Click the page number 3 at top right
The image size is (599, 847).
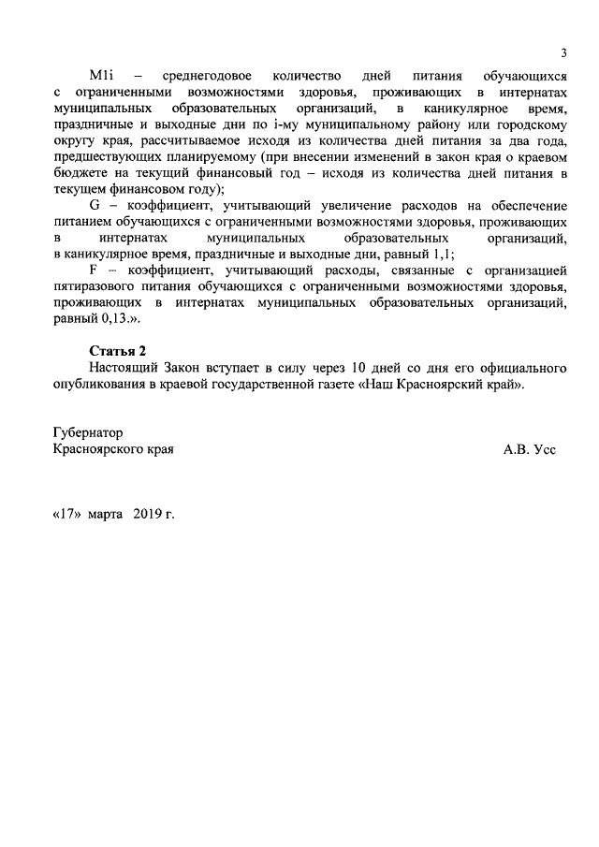pos(563,51)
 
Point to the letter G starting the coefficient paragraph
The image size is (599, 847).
pos(94,204)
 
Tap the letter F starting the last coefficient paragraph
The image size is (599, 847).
pos(93,270)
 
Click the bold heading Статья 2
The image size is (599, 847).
pos(117,351)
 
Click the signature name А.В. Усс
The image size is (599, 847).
pos(529,449)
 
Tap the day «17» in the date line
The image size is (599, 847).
pos(66,515)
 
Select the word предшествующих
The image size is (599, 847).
pos(104,155)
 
